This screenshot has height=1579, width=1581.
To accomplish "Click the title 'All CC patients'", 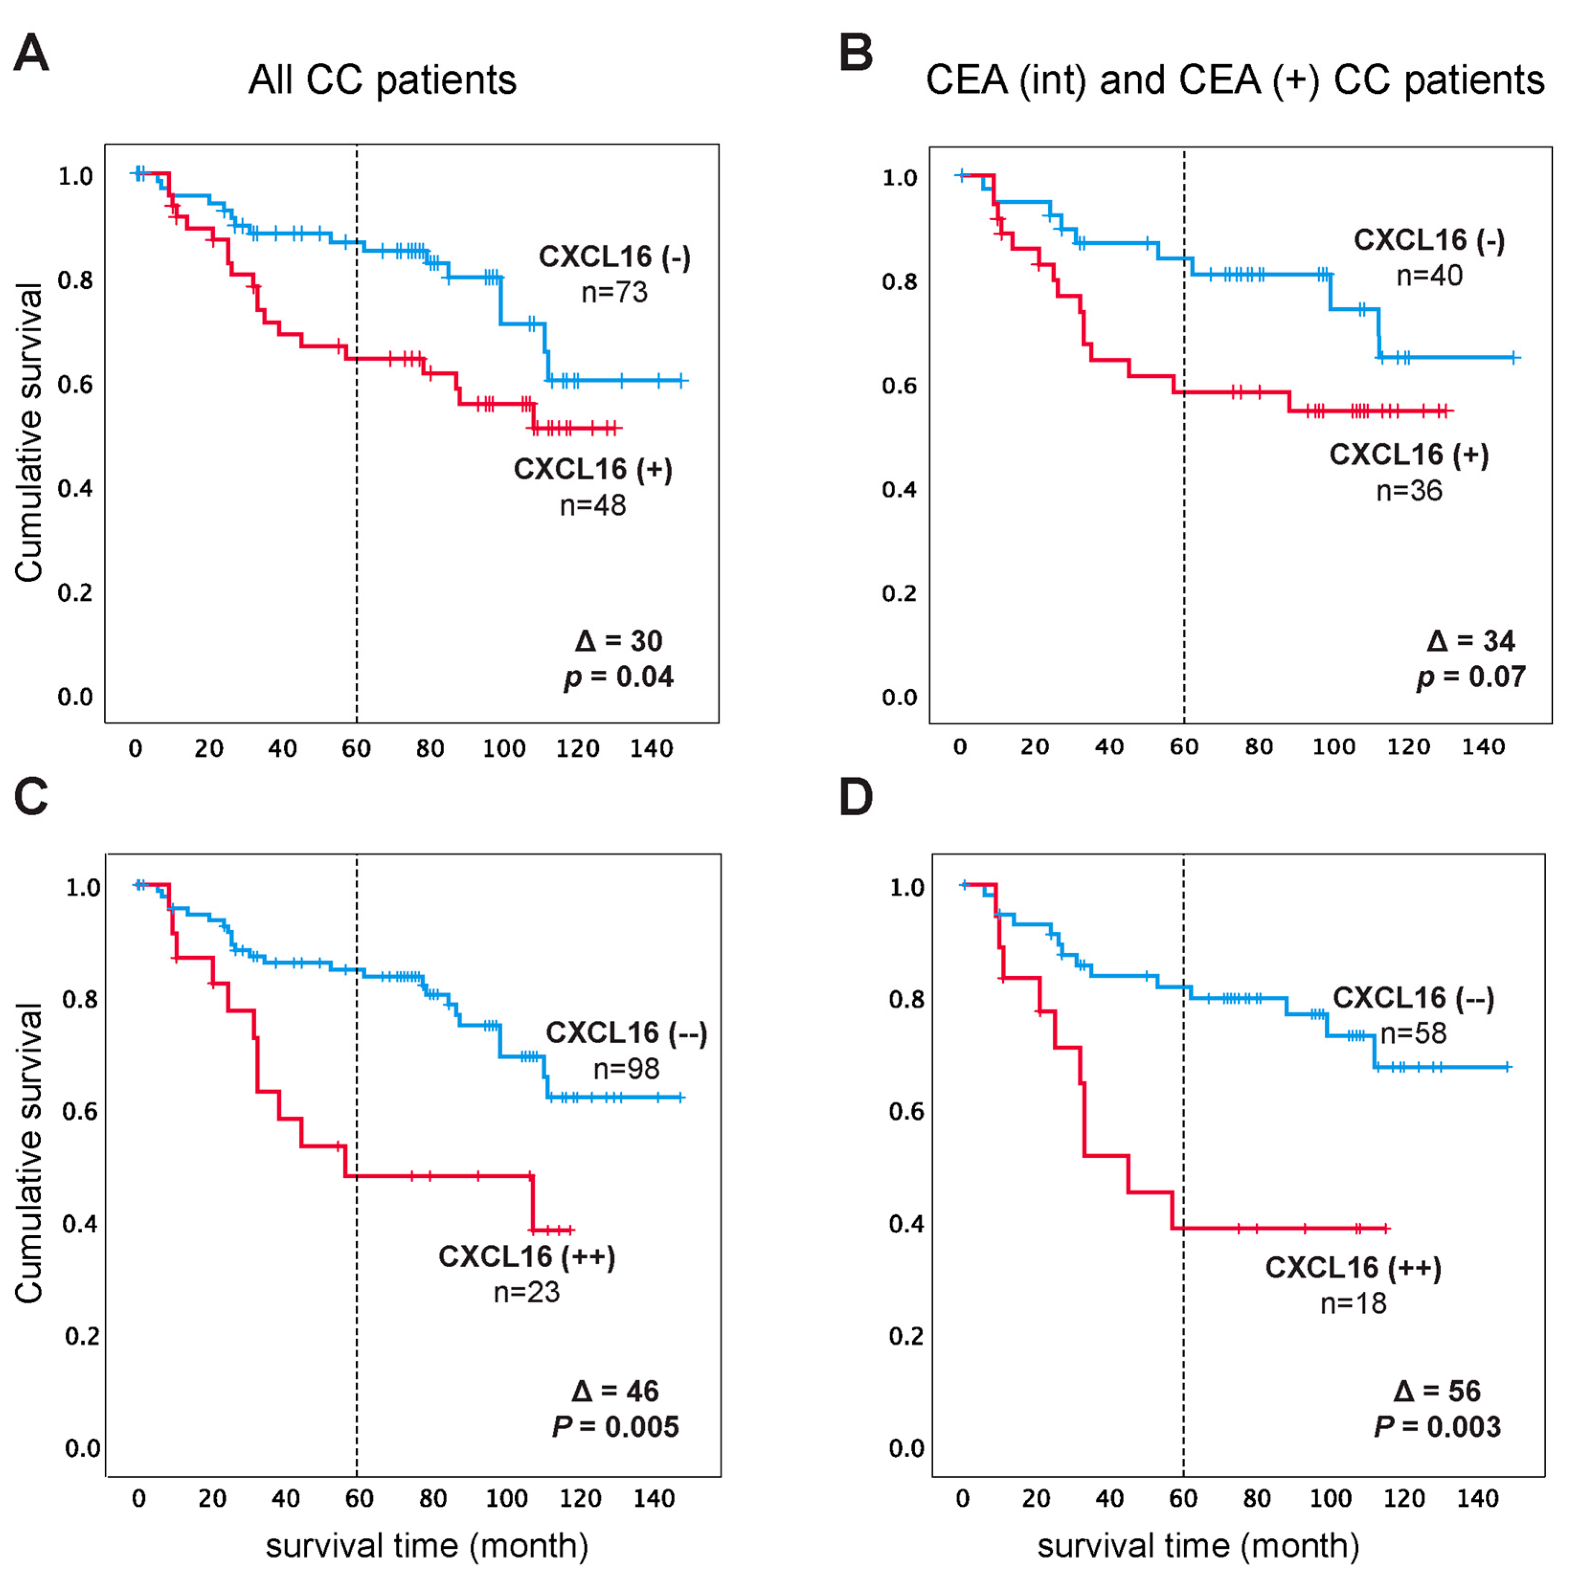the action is (382, 80).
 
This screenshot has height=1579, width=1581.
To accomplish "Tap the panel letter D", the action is (856, 797).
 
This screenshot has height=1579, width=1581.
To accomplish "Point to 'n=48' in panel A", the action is (593, 505).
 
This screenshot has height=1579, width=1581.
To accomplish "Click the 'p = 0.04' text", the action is (618, 677).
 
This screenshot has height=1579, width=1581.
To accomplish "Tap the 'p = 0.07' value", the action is (1471, 677).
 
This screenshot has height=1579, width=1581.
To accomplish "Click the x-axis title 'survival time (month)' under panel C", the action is (427, 1545).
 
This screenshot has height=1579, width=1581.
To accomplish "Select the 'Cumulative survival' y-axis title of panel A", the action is (29, 433).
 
